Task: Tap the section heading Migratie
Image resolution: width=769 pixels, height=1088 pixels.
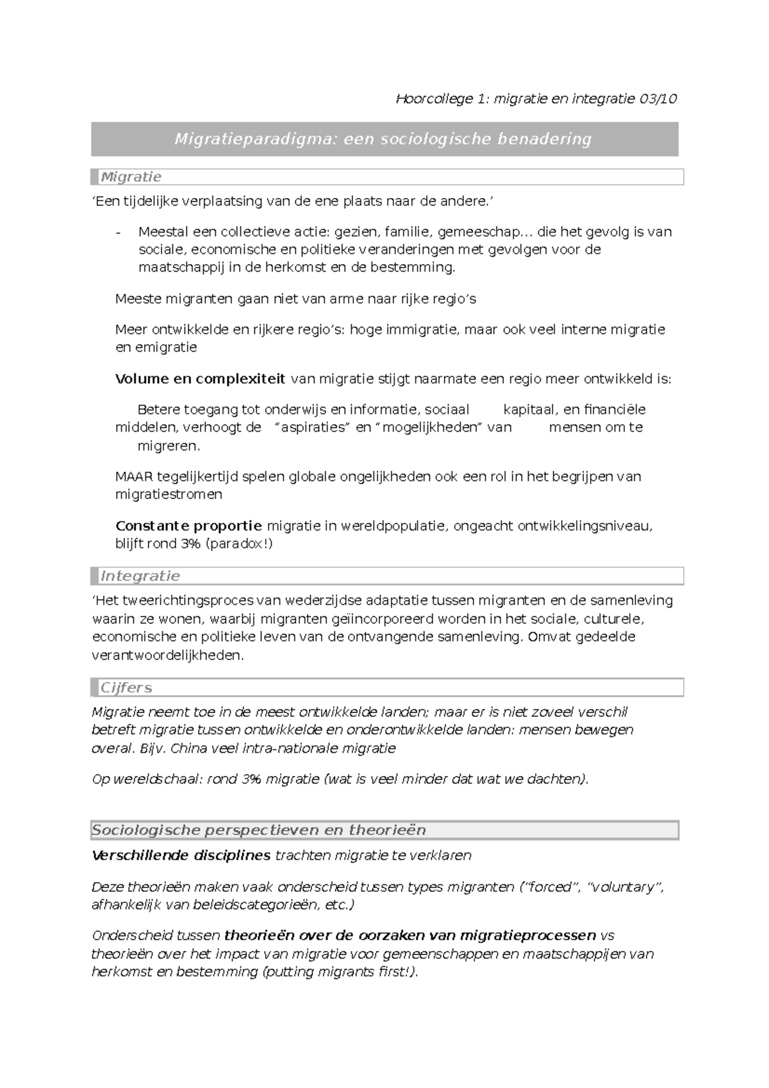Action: coord(131,177)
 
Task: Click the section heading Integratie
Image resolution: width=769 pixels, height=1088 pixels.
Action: coord(140,576)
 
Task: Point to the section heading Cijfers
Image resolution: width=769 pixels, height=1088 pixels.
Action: coord(126,688)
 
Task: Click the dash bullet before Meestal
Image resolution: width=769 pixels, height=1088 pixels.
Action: coord(118,232)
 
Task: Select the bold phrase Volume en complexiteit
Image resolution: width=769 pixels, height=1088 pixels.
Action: coord(200,379)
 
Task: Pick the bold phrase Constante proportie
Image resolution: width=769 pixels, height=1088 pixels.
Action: coord(188,526)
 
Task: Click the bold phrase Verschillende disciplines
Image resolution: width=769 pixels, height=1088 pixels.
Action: coord(181,855)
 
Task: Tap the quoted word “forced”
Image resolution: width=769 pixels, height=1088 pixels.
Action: coord(549,887)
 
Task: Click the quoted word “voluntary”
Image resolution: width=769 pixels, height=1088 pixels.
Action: coord(625,887)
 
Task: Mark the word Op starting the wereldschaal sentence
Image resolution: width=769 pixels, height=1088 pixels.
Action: coord(101,780)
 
